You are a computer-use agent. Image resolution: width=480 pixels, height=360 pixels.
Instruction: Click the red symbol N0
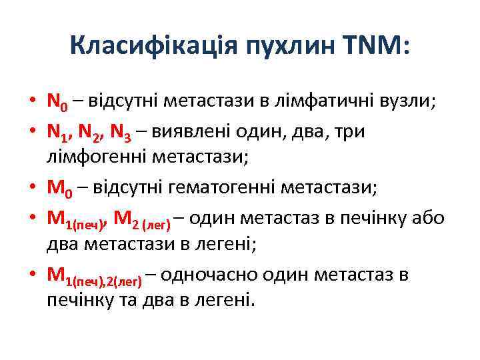(x=57, y=102)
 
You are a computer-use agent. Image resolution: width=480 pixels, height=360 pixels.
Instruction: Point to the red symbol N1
(x=57, y=132)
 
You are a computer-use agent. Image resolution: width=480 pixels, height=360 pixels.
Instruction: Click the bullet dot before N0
(x=33, y=102)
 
